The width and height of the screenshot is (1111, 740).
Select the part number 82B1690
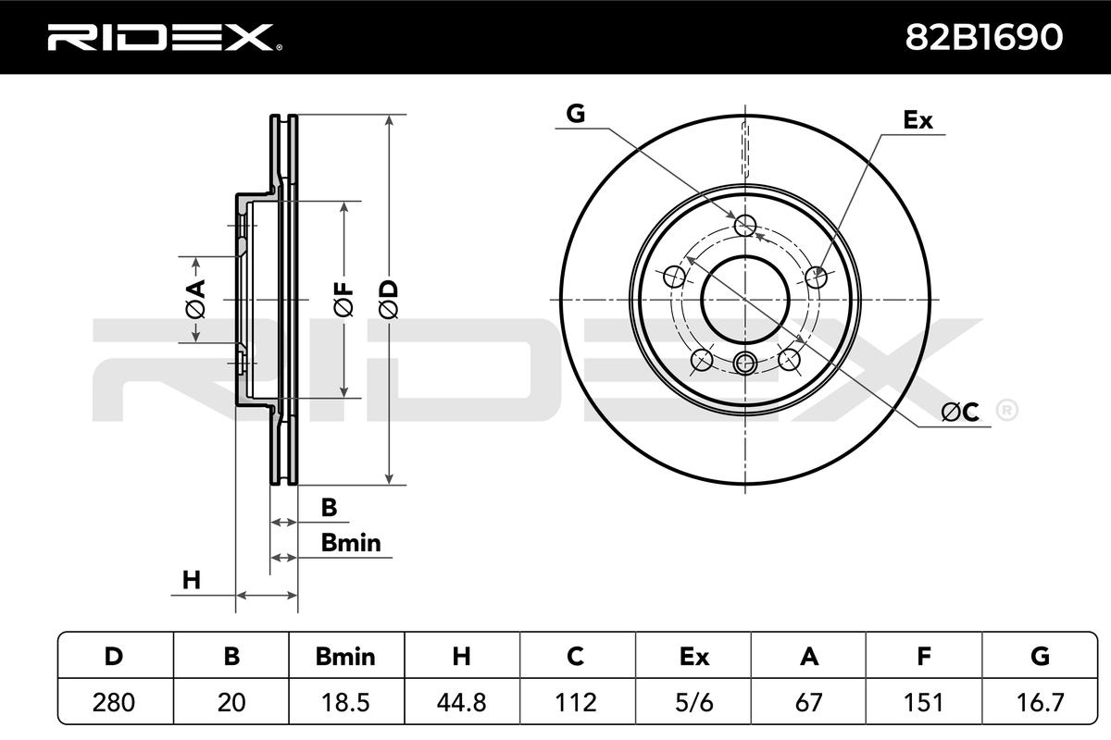984,38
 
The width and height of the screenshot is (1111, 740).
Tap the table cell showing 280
114,702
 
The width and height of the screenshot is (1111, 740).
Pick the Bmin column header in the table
345,657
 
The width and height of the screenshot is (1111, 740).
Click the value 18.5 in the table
345,702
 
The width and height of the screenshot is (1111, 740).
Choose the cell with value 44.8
461,702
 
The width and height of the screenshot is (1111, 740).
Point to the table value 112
576,702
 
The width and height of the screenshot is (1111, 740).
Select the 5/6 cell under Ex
693,702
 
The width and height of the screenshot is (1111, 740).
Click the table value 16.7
1040,702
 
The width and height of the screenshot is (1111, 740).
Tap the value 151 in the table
924,702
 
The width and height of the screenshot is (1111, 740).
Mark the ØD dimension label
388,299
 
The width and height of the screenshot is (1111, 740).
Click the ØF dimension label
343,299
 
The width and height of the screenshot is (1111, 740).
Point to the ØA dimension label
195,299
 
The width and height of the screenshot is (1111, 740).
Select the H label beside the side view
192,580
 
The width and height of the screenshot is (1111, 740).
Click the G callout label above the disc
575,114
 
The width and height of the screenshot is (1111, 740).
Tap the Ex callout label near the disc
918,120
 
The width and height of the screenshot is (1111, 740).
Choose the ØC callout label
960,412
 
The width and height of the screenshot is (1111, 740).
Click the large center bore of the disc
745,300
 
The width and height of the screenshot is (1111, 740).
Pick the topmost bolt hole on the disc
745,226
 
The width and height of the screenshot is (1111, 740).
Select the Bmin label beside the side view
351,543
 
